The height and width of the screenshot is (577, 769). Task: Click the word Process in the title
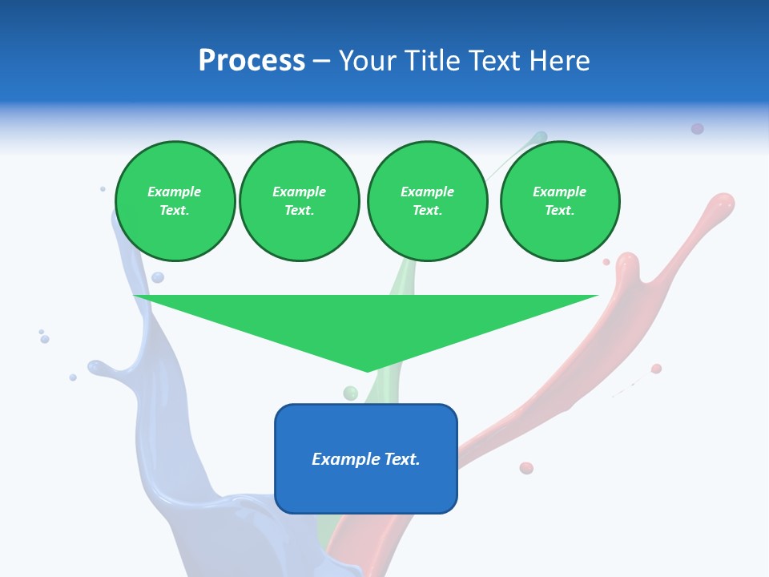(252, 61)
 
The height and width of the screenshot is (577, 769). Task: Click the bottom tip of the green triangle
(368, 369)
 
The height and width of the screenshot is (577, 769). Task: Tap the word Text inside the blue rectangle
(402, 459)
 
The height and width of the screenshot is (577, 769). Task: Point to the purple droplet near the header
(698, 128)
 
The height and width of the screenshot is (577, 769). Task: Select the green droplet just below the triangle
(350, 393)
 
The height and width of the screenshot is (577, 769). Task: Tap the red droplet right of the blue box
(526, 468)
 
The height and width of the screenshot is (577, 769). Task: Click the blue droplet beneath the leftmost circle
(158, 277)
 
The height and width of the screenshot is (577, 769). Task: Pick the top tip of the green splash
(541, 137)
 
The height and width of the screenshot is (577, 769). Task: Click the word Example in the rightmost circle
(559, 192)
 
